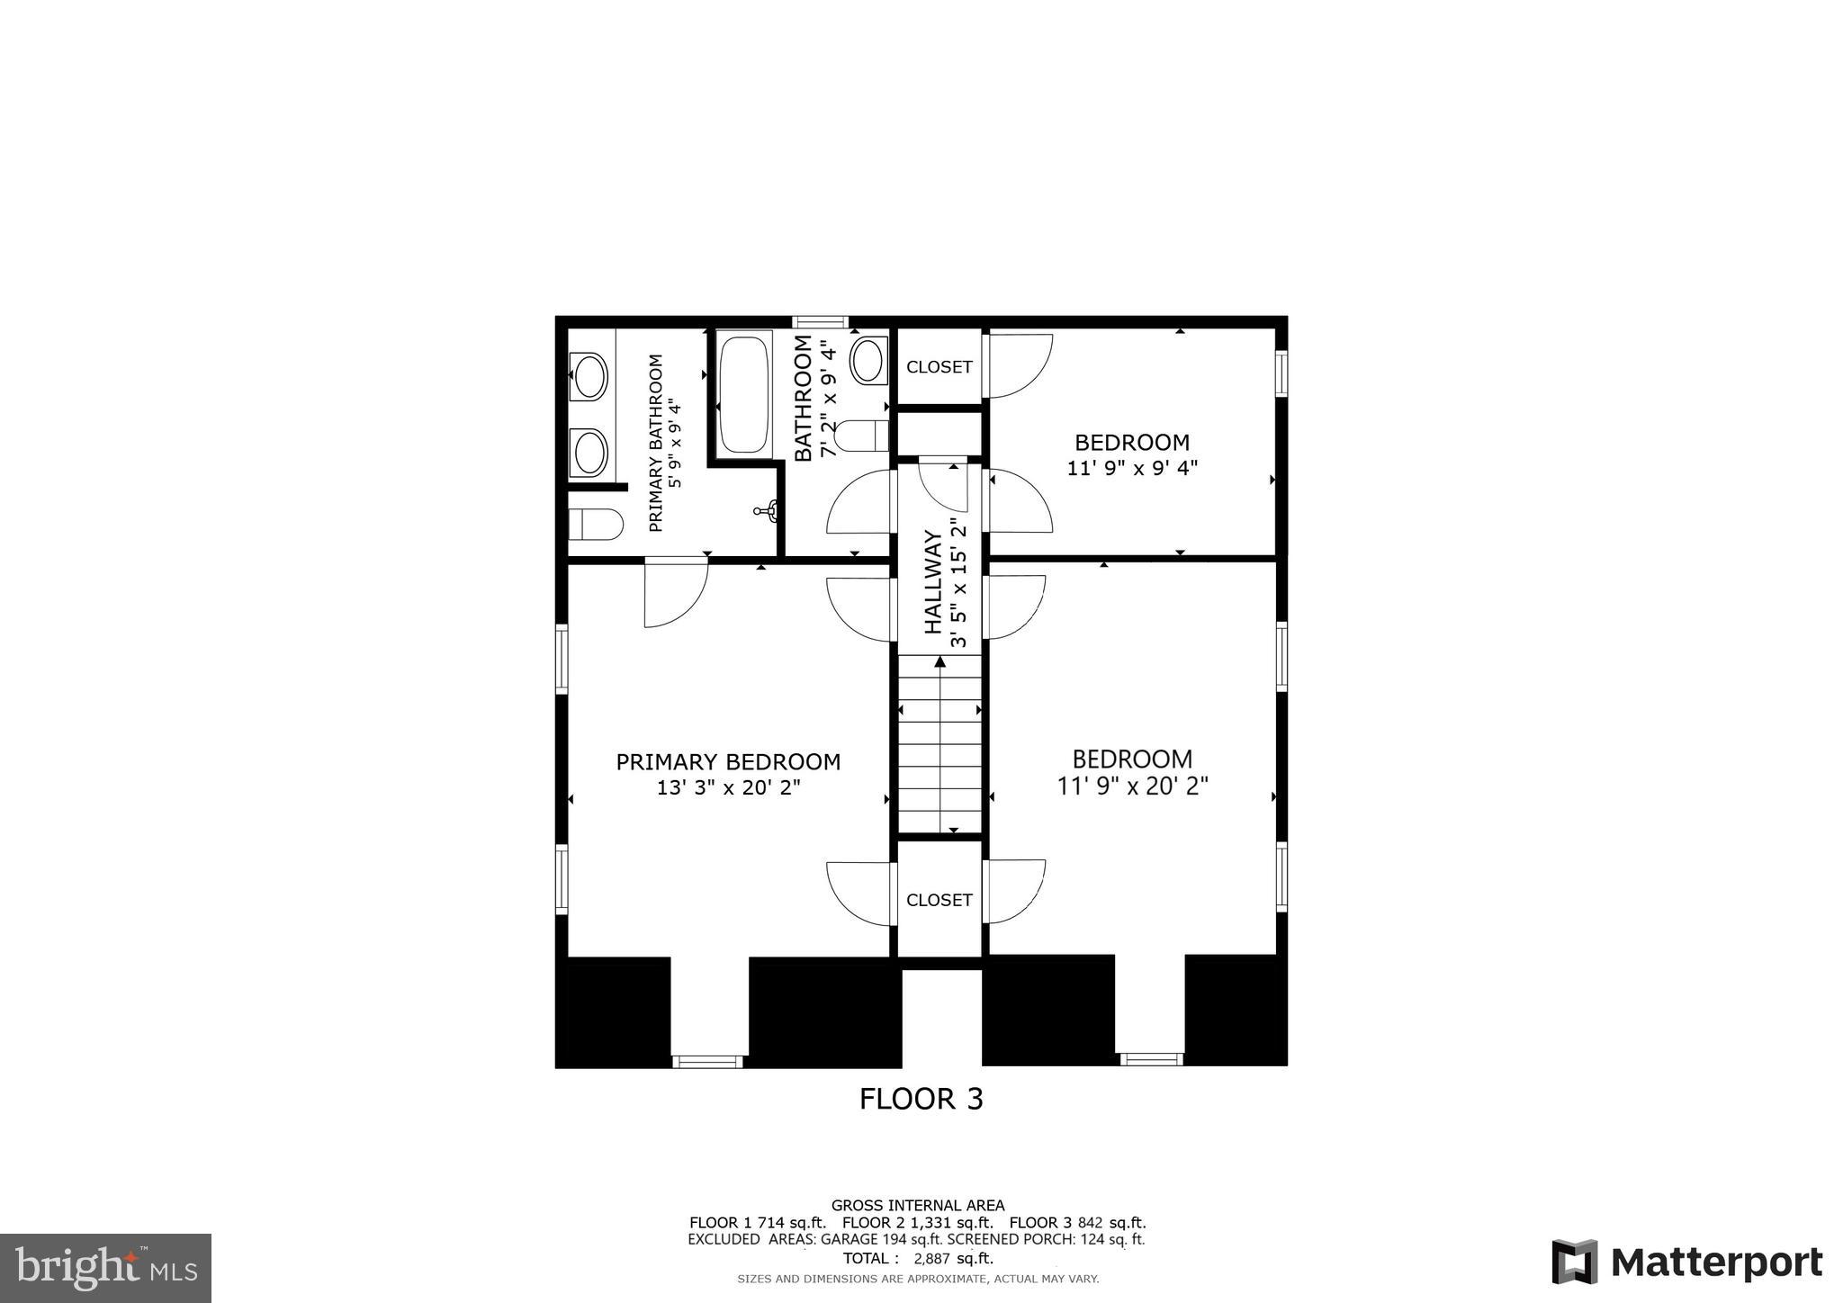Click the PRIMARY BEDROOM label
[x=728, y=762]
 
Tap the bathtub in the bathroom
[x=743, y=394]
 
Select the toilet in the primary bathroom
[x=595, y=524]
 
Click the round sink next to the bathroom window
[x=868, y=362]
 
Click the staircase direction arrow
[x=939, y=663]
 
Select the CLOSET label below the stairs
[x=939, y=900]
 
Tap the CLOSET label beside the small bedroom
[x=939, y=367]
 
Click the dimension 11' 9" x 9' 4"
[x=1132, y=468]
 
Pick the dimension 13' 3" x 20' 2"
[x=728, y=788]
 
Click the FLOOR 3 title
[x=921, y=1099]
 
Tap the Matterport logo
[x=1686, y=1262]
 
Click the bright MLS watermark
[x=106, y=1268]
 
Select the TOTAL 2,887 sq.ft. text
[x=918, y=1258]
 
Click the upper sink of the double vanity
[x=589, y=376]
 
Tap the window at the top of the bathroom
[x=820, y=321]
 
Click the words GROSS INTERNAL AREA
[x=917, y=1205]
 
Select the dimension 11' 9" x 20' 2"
[x=1132, y=786]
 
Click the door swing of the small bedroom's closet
[x=1020, y=365]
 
